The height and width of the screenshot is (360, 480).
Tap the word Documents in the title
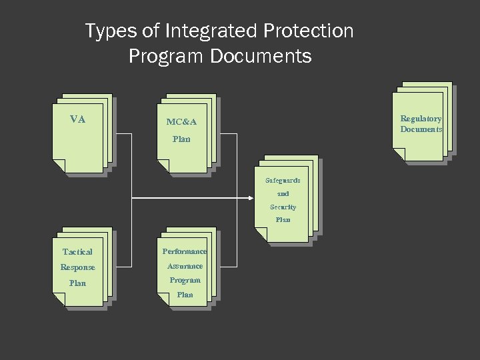(261, 57)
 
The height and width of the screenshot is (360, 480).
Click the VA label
(78, 119)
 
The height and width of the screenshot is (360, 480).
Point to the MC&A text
(181, 122)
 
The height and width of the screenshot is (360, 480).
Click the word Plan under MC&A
(181, 139)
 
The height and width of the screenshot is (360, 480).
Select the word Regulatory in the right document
(421, 119)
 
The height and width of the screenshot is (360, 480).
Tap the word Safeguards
(283, 181)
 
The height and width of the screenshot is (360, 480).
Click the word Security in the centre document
(283, 207)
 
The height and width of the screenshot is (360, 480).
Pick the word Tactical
(77, 252)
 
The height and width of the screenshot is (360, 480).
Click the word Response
(77, 267)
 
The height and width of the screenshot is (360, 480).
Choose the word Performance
(185, 251)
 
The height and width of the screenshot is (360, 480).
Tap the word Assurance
(185, 266)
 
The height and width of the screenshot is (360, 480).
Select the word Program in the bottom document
(185, 280)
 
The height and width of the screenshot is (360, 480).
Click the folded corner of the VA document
(59, 166)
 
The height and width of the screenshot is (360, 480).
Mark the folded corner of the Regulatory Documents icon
(399, 155)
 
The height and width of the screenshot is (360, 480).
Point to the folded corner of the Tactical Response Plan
(59, 300)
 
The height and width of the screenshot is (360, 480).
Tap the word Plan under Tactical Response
(77, 283)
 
